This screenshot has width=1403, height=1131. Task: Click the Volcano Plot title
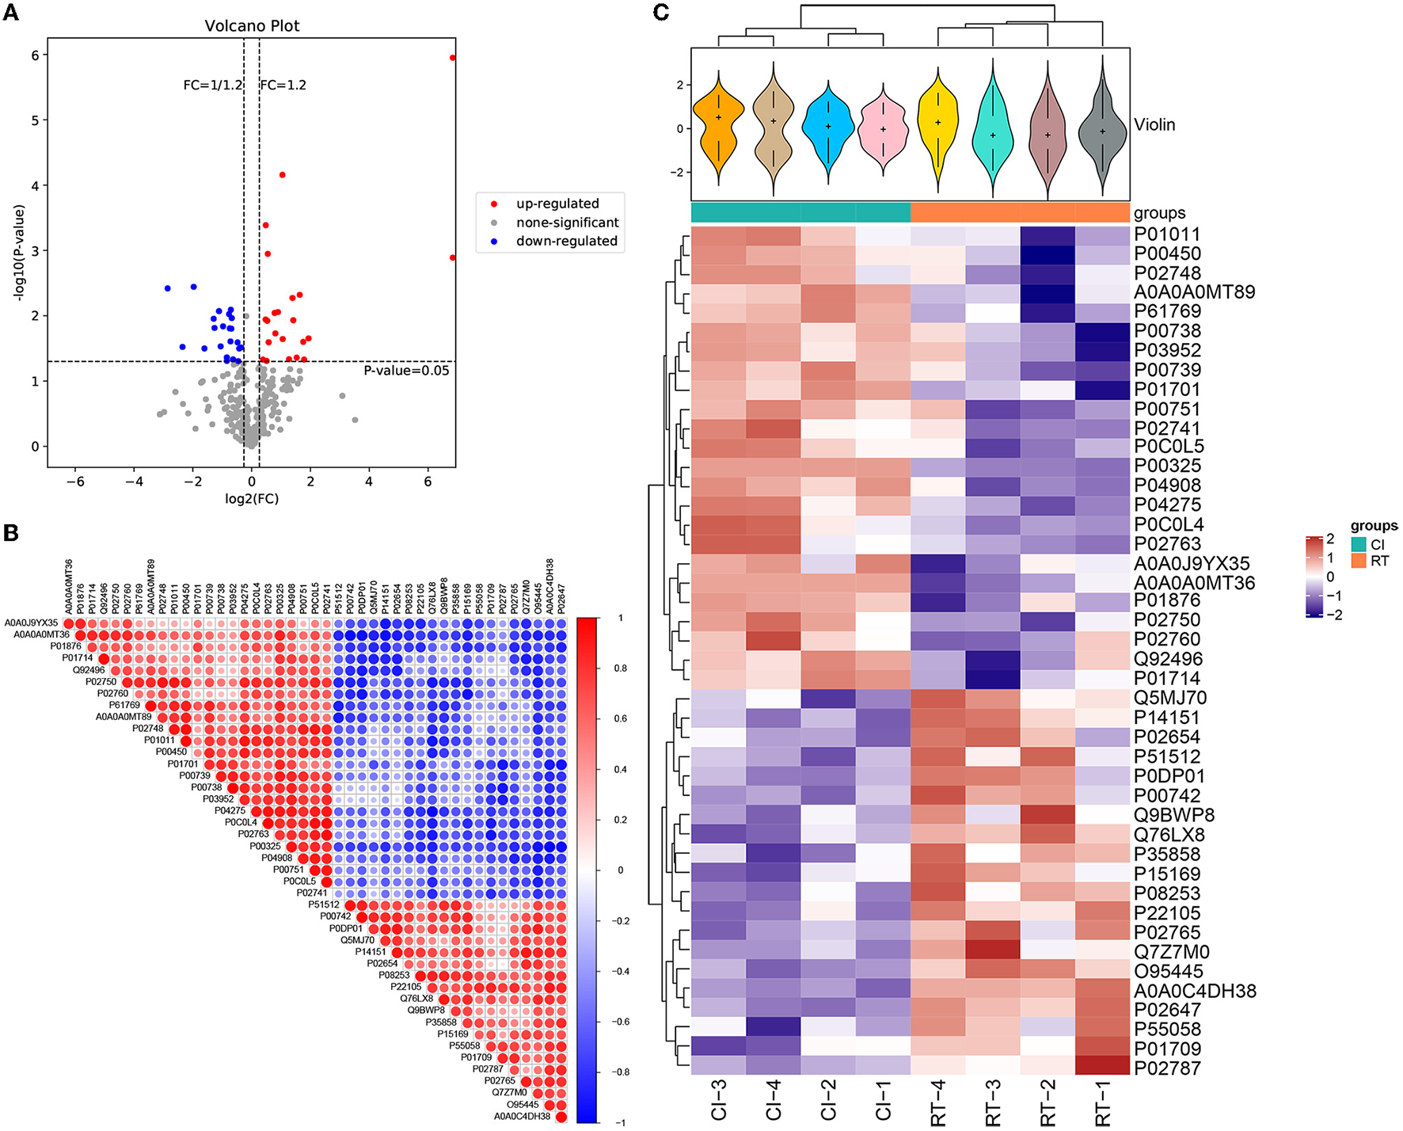click(x=252, y=26)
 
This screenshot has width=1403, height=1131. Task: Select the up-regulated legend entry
click(x=557, y=204)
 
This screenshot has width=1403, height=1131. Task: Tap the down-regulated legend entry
click(x=566, y=241)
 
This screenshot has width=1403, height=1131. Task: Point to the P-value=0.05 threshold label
click(x=406, y=371)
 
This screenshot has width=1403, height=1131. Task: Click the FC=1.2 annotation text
click(x=283, y=85)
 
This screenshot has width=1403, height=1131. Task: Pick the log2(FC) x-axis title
click(x=252, y=499)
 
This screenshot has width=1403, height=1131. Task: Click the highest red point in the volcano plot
click(x=452, y=58)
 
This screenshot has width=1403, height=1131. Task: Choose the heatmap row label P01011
click(x=1167, y=234)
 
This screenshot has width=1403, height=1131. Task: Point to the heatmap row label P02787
click(x=1167, y=1068)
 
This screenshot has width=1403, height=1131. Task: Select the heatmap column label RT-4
click(x=938, y=1102)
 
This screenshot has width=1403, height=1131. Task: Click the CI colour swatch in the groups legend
click(x=1359, y=545)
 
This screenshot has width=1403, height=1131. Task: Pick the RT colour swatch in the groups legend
click(x=1359, y=561)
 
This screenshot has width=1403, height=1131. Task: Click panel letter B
click(x=11, y=533)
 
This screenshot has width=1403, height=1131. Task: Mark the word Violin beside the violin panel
click(x=1154, y=124)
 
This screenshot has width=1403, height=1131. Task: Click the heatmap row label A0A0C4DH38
click(x=1195, y=991)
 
